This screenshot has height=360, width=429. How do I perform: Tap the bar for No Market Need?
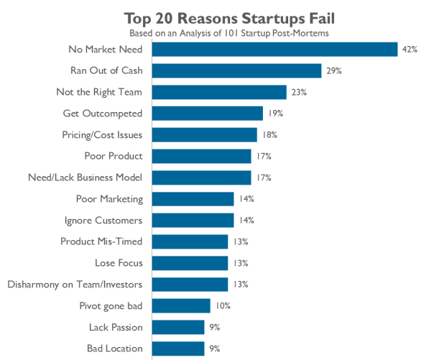(x=275, y=49)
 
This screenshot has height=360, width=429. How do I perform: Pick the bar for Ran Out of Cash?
(x=237, y=70)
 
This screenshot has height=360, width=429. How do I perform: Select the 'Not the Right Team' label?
(x=99, y=92)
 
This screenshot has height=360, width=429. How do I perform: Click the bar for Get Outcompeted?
(x=208, y=114)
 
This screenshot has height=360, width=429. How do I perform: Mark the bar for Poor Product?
(x=202, y=156)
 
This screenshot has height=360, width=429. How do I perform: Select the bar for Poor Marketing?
(x=193, y=199)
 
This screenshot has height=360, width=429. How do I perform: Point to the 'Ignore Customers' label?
(x=103, y=221)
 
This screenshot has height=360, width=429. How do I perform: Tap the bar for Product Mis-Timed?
(x=190, y=241)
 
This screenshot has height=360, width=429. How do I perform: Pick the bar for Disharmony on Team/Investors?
(x=190, y=285)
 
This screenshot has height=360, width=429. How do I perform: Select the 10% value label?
(x=222, y=306)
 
